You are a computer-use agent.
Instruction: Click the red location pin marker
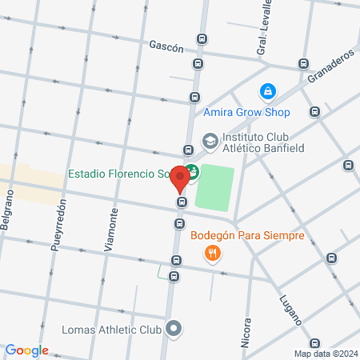[181, 178]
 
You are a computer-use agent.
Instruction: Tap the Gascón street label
[166, 47]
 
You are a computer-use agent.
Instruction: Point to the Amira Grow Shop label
[246, 112]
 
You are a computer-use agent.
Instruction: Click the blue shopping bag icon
[268, 92]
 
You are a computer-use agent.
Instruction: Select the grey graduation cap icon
[210, 142]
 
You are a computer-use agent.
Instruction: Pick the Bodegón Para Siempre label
[247, 235]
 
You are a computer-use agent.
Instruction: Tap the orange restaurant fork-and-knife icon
[212, 254]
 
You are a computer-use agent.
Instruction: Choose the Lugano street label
[290, 309]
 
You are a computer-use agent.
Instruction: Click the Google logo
[26, 350]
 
